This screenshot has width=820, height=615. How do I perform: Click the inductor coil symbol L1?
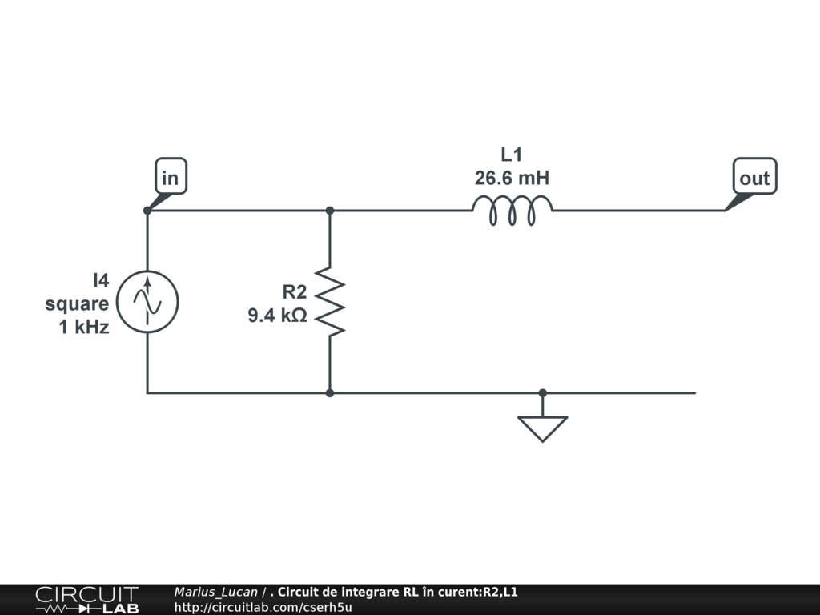pyautogui.click(x=512, y=212)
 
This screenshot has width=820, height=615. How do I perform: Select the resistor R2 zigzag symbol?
pyautogui.click(x=330, y=302)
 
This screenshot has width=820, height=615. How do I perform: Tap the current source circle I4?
pyautogui.click(x=147, y=302)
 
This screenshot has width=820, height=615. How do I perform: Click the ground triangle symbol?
pyautogui.click(x=542, y=428)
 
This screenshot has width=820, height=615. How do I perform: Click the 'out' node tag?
pyautogui.click(x=754, y=178)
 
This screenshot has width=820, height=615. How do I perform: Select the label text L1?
pyautogui.click(x=512, y=154)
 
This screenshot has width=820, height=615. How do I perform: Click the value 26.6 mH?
pyautogui.click(x=512, y=178)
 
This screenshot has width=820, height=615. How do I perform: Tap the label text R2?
pyautogui.click(x=294, y=291)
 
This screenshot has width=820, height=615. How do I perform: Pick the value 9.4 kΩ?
pyautogui.click(x=277, y=316)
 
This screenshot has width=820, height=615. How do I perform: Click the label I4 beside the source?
pyautogui.click(x=100, y=280)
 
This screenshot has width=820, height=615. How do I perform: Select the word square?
pyautogui.click(x=77, y=303)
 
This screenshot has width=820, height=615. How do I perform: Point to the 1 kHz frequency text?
pyautogui.click(x=84, y=327)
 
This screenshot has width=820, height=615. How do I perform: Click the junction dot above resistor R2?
pyautogui.click(x=330, y=211)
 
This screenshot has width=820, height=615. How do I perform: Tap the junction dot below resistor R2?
pyautogui.click(x=330, y=393)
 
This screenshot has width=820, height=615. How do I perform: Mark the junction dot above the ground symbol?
pyautogui.click(x=542, y=393)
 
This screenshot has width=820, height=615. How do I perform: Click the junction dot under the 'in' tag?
pyautogui.click(x=147, y=211)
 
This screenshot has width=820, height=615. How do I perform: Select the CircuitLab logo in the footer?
pyautogui.click(x=86, y=600)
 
